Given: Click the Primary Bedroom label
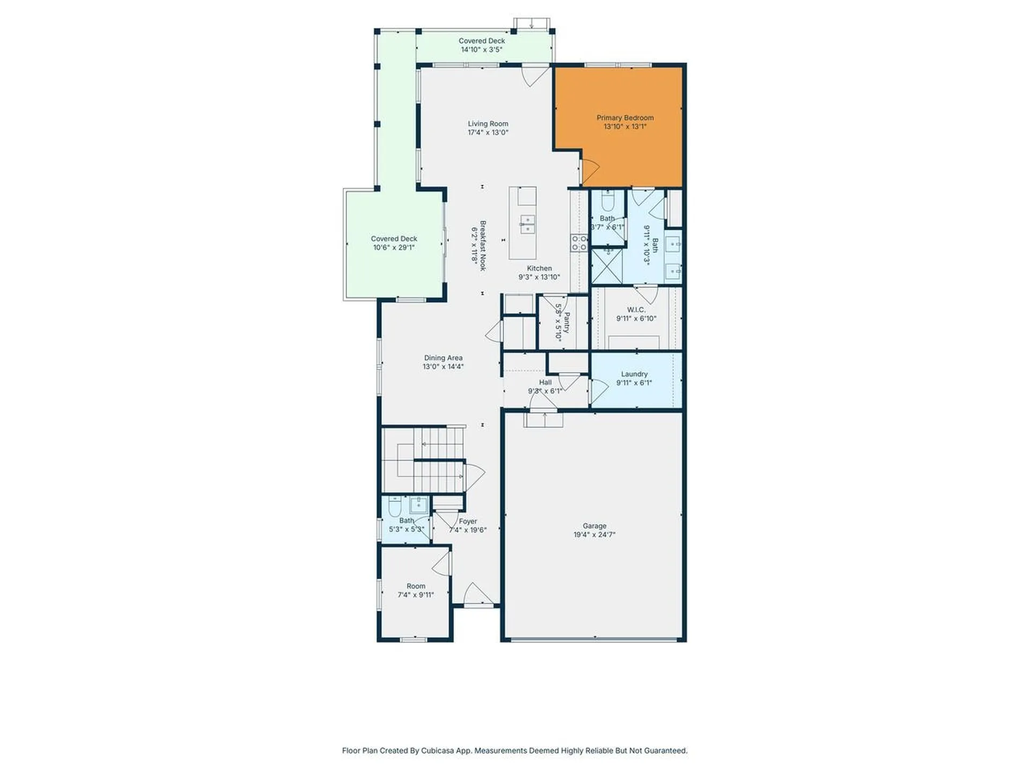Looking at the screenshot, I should (x=625, y=118).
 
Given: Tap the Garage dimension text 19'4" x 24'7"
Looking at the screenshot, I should (x=594, y=535).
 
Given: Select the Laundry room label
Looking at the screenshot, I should (x=634, y=374).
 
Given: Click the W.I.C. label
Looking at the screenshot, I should (x=636, y=310).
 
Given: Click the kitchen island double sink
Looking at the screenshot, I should (x=527, y=224).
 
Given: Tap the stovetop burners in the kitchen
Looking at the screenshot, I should (x=579, y=243).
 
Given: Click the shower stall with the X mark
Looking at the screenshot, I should (x=607, y=266).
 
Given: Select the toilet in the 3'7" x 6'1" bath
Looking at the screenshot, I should (x=608, y=202).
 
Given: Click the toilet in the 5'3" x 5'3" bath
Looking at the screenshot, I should (x=395, y=506).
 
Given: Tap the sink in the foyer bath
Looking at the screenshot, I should (x=418, y=505).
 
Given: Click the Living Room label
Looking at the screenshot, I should (x=488, y=124).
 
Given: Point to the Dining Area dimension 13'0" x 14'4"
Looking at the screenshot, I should (x=443, y=367).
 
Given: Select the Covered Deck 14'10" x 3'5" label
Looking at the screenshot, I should (x=482, y=41).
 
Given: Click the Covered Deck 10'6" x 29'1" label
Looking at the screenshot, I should (x=394, y=239).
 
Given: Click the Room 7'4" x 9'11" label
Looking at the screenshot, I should (x=416, y=586).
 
